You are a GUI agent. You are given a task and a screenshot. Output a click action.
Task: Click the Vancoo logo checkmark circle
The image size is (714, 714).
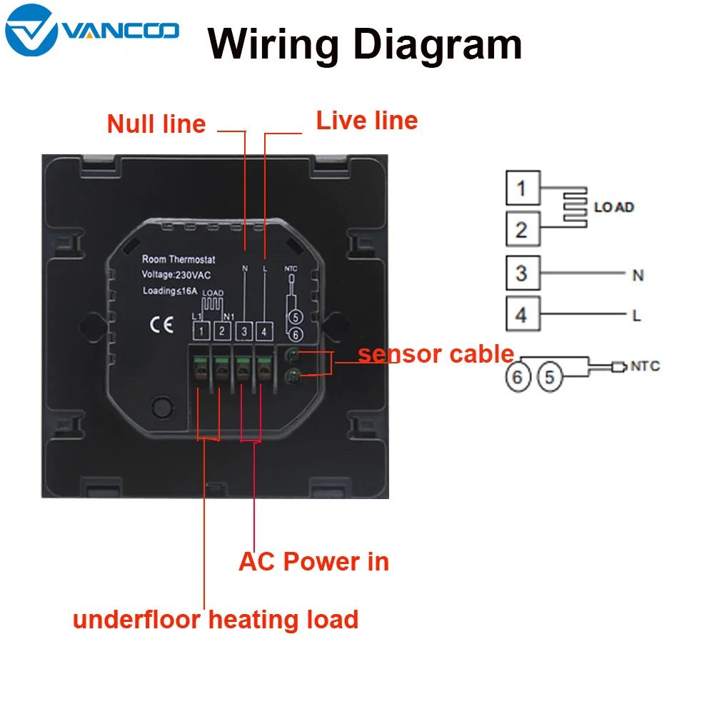click(31, 30)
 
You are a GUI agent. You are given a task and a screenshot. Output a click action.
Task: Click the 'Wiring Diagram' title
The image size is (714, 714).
click(365, 45)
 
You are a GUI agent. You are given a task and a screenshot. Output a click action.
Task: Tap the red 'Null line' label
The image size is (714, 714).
click(156, 124)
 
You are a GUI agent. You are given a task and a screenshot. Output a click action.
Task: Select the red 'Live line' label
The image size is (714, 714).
click(367, 121)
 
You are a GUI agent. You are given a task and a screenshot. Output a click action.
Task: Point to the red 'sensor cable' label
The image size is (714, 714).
click(436, 354)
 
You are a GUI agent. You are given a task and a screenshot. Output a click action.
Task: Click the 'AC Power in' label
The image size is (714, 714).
click(313, 561)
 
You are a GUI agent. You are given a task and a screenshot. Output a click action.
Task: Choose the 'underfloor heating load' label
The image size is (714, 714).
click(216, 620)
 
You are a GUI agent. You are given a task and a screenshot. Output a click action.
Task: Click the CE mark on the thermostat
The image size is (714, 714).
click(161, 325)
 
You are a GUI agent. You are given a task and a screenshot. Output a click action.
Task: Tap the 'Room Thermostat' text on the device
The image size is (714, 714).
click(178, 260)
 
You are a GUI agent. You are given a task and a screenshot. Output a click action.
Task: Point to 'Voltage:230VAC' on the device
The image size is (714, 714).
click(176, 275)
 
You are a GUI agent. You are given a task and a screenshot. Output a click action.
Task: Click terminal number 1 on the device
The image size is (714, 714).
click(201, 331)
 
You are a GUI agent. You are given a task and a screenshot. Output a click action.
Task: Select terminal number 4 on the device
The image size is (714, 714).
click(264, 331)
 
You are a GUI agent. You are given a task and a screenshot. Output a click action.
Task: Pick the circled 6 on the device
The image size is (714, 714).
click(296, 335)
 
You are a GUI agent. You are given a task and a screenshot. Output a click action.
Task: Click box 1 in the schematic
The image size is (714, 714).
click(523, 188)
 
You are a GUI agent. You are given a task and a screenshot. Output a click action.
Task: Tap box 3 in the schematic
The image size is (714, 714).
click(523, 273)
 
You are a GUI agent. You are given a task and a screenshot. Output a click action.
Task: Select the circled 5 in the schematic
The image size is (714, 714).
click(550, 377)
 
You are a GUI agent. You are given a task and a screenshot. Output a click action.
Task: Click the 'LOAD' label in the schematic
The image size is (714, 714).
click(614, 207)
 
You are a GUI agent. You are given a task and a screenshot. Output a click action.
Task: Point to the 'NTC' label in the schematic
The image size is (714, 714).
click(645, 366)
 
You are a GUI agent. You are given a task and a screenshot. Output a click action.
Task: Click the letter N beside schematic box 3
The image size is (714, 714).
click(638, 275)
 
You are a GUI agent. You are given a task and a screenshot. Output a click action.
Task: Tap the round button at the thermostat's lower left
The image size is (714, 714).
click(162, 407)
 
